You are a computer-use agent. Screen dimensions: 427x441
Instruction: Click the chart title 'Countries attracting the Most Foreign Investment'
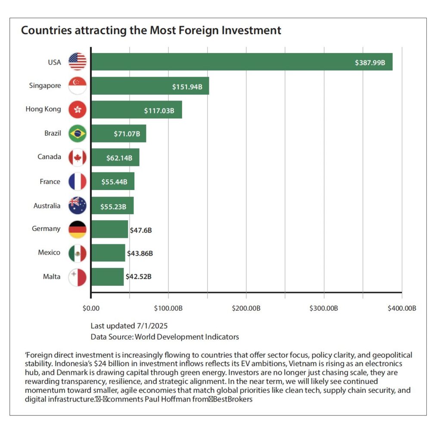point(151,31)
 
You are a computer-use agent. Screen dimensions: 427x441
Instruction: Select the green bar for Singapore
point(149,86)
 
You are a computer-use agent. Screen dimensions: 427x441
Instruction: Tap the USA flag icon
point(78,62)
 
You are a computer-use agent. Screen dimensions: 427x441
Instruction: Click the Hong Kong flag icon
point(78,109)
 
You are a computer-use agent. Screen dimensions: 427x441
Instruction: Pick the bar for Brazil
point(118,134)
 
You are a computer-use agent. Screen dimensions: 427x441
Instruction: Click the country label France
point(50,181)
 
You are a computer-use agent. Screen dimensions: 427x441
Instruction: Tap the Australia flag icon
point(78,205)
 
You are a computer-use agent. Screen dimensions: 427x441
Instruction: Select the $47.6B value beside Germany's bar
point(141,230)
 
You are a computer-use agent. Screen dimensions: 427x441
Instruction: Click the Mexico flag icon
point(78,253)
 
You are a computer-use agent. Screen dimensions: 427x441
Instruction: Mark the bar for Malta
point(107,277)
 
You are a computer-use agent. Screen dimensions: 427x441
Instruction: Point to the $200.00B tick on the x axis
point(246,309)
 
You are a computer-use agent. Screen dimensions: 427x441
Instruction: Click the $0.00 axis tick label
point(91,309)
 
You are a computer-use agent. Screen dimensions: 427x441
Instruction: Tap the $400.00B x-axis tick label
point(401,309)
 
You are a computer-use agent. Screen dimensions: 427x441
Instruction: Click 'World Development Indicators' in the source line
point(187,337)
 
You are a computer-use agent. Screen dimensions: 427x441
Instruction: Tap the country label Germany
point(46,229)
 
